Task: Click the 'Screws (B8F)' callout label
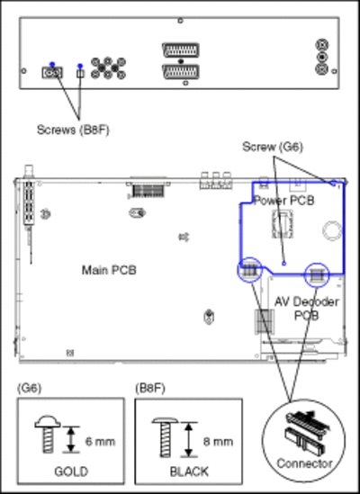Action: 73,130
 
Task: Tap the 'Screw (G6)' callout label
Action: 273,147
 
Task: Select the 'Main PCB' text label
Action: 109,270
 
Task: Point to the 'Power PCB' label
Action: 284,201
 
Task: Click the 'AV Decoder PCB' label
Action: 306,309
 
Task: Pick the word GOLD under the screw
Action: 71,472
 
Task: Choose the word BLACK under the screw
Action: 189,472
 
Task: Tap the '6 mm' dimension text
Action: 100,442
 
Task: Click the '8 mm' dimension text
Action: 218,442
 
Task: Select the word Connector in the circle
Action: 304,463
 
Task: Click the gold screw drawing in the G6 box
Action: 48,434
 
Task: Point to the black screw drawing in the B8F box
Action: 166,437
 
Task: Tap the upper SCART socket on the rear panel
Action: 180,49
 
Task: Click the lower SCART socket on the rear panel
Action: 180,72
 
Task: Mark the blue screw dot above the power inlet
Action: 52,64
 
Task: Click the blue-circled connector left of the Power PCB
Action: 249,270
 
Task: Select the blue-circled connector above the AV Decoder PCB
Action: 317,275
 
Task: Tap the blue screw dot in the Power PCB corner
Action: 334,184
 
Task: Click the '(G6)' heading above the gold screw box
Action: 29,388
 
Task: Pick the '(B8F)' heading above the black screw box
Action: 150,388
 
